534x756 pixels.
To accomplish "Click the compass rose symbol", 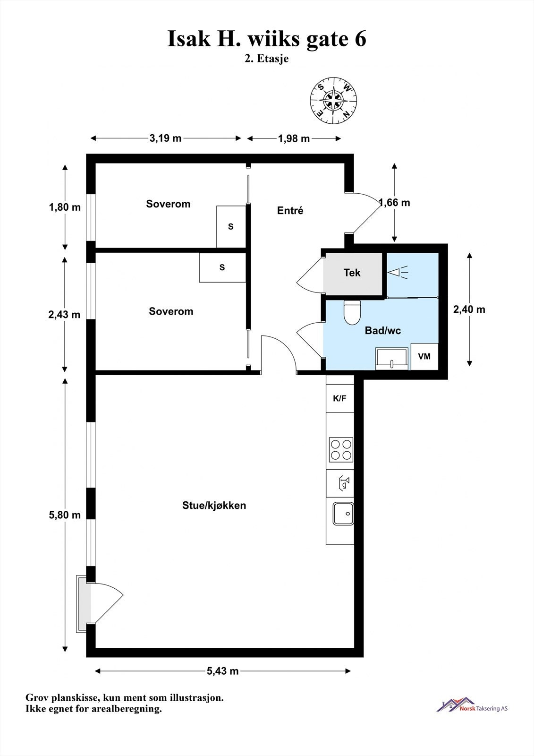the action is click(x=333, y=101).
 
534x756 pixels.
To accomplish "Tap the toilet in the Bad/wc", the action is click(x=352, y=312).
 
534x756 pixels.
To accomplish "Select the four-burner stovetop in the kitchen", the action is click(x=341, y=449).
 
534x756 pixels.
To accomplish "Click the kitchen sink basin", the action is click(x=343, y=514).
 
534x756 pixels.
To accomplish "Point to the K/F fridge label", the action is click(x=339, y=398).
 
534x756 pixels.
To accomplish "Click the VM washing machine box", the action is click(x=424, y=356).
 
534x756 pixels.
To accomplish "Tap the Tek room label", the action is click(x=352, y=272).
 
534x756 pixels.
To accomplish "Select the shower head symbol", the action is click(x=398, y=271).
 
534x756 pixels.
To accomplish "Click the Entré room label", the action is click(x=290, y=210).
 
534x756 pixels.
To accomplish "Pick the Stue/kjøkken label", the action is click(x=214, y=505).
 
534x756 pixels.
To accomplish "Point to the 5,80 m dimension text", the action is click(x=65, y=515).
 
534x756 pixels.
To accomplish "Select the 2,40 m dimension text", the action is click(x=469, y=309).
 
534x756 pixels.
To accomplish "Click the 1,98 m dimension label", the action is click(x=294, y=138).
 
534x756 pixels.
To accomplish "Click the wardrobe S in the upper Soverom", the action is click(x=231, y=226).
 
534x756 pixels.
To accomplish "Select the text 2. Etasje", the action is click(x=267, y=59).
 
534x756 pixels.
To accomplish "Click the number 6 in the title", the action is click(x=360, y=39).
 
